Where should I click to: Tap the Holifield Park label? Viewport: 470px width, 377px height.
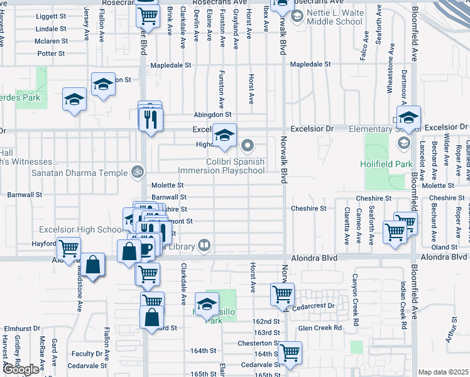pyautogui.click(x=386, y=165)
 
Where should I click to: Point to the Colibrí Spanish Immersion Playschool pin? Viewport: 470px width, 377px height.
pyautogui.click(x=248, y=146)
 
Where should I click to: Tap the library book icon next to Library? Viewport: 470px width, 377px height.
pyautogui.click(x=204, y=246)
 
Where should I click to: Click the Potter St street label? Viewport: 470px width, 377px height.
pyautogui.click(x=51, y=53)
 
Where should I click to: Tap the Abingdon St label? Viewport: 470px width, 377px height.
pyautogui.click(x=212, y=115)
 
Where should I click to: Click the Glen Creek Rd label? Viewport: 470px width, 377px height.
pyautogui.click(x=320, y=327)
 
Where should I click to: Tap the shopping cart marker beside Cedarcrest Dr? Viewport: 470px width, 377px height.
pyautogui.click(x=282, y=293)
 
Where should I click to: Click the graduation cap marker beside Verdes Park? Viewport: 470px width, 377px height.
pyautogui.click(x=74, y=99)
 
